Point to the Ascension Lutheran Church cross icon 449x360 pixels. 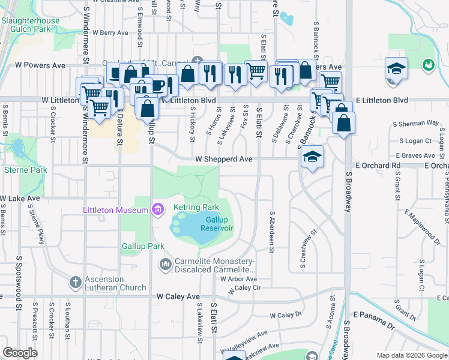tap(76, 281)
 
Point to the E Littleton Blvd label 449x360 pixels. tap(382, 100)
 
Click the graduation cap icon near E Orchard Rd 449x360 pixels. tap(312, 157)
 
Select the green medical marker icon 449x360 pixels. tap(429, 64)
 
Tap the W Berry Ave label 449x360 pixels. tap(107, 32)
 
